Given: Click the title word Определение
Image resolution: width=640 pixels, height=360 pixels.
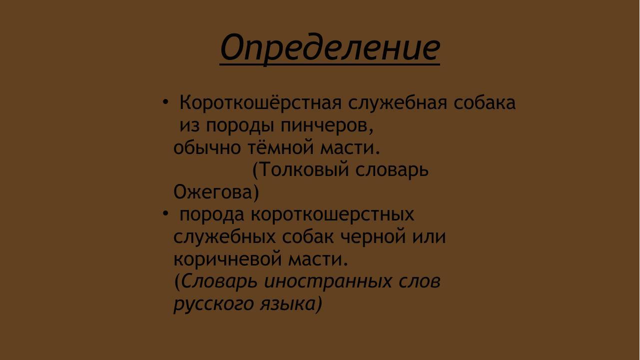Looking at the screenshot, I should click(x=330, y=48).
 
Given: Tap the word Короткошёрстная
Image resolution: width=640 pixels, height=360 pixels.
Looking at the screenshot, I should click(x=260, y=103).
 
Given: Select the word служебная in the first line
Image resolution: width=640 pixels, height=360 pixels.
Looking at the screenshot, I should click(x=398, y=103).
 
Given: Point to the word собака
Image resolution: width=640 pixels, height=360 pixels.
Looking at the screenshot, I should click(x=484, y=103).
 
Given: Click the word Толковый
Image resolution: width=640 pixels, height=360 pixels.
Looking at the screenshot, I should click(x=301, y=170).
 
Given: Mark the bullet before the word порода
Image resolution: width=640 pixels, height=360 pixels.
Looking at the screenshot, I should click(x=166, y=214).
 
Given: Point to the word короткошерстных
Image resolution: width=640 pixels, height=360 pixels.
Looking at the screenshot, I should click(x=332, y=214).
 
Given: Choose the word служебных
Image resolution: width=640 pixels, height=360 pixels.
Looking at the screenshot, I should click(x=224, y=236).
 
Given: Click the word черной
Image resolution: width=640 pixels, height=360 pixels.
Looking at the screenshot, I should click(x=373, y=236).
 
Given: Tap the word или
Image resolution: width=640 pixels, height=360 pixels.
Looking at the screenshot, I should click(x=429, y=236).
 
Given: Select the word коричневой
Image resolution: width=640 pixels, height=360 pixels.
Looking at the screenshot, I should click(x=227, y=259).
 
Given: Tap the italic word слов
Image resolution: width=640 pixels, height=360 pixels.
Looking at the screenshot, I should click(x=420, y=281).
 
